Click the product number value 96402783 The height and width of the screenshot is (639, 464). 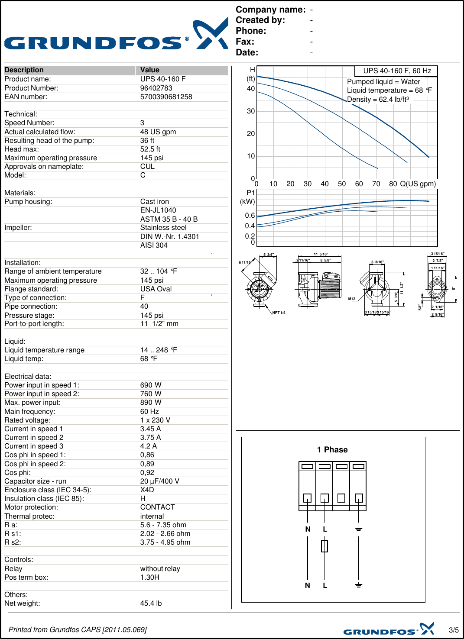coord(156,88)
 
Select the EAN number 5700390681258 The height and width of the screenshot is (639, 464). coord(166,97)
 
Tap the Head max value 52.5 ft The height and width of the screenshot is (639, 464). coord(150,149)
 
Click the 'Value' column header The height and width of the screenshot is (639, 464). coord(149,70)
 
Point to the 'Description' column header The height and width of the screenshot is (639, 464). coord(24,70)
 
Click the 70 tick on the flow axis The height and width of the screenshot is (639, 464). coord(376,184)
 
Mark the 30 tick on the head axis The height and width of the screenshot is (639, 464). coord(251,111)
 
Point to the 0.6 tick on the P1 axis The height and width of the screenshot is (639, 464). coord(250,216)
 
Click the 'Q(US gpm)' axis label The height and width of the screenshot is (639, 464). coord(418,184)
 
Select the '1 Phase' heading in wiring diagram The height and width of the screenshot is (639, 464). coord(332,450)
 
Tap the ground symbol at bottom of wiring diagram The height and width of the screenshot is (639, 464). coord(359,585)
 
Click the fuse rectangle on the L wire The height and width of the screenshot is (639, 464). coord(324,546)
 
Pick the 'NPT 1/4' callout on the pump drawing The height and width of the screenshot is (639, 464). coord(279,313)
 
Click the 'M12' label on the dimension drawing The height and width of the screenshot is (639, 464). coord(352,299)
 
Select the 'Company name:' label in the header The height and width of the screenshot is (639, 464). coord(270,10)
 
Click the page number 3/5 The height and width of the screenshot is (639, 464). coord(454,630)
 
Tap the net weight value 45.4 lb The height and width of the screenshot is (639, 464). coord(151,603)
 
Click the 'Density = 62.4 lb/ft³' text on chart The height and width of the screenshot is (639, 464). coord(378,100)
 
